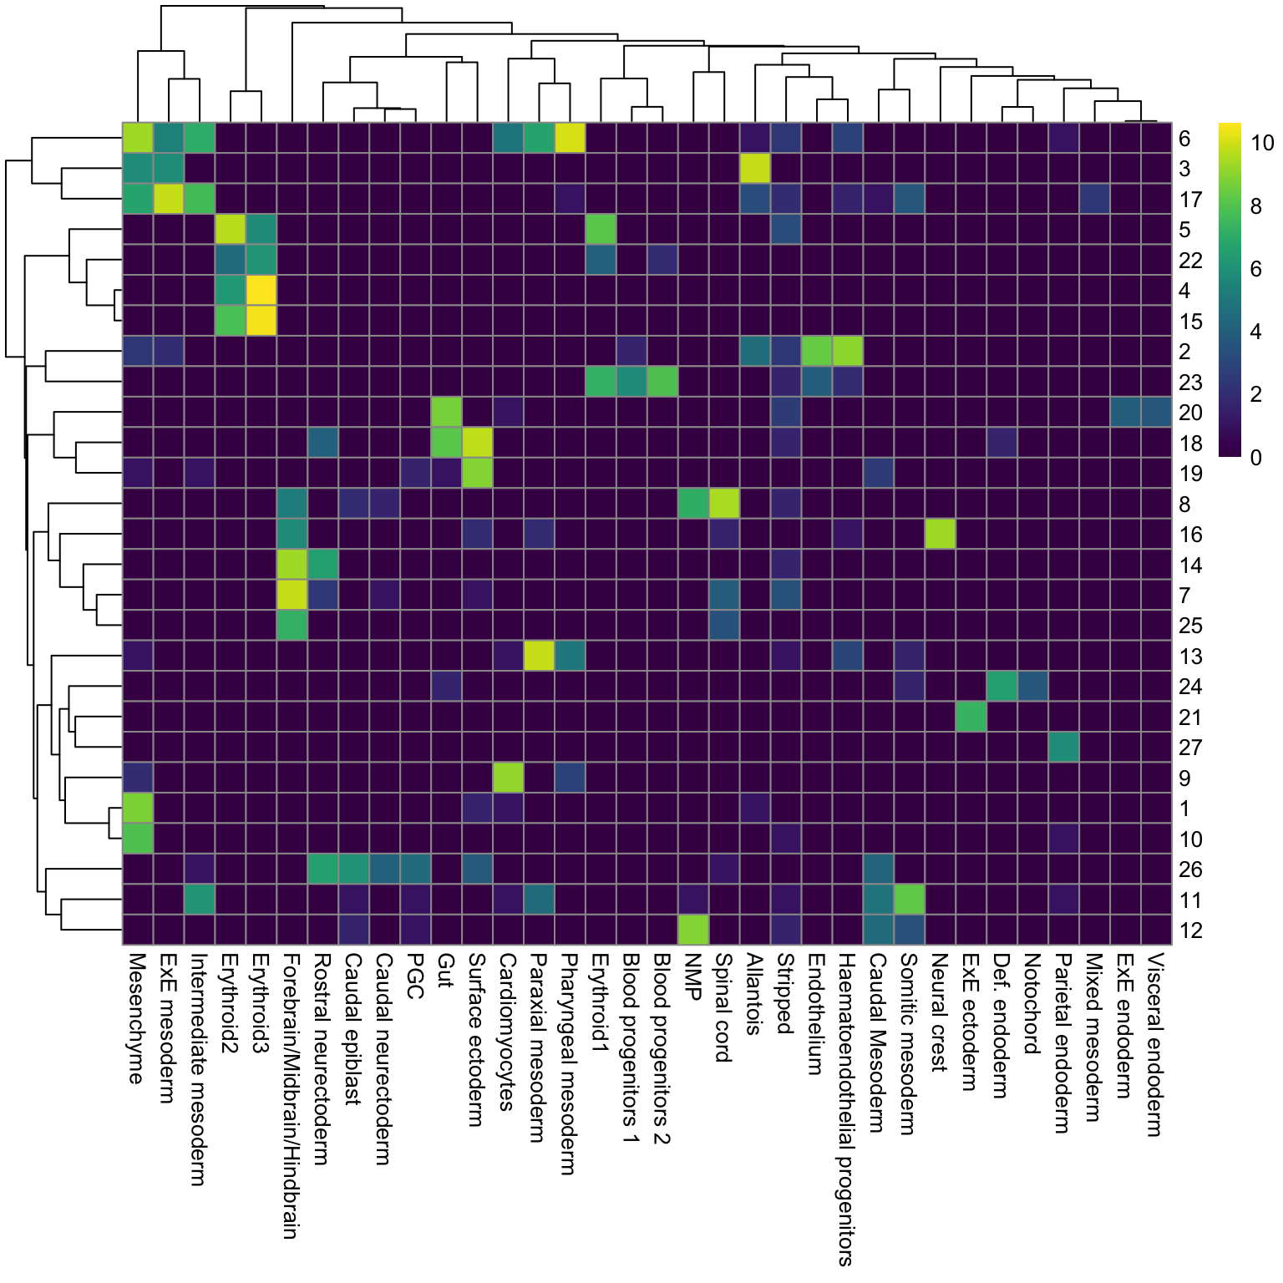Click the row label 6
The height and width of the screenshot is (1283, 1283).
pos(1184,139)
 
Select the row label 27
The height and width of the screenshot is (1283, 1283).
pos(1189,748)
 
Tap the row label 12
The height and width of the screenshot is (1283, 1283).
pos(1189,931)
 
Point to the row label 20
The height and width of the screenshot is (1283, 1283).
pos(1189,413)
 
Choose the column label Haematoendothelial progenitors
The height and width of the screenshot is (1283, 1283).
pos(846,1110)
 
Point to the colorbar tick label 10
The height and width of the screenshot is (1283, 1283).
pos(1262,143)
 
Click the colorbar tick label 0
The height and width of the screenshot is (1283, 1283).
pos(1255,457)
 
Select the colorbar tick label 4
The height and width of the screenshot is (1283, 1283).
pos(1255,332)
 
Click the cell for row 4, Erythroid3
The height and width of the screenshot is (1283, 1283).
pos(261,291)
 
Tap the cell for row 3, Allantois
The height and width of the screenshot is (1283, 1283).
pos(755,169)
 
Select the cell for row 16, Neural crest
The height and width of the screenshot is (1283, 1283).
pos(940,535)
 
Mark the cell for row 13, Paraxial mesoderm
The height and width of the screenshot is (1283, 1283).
pos(539,657)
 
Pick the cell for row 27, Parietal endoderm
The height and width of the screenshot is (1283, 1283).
pos(1063,748)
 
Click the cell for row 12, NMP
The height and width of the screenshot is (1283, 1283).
pos(692,931)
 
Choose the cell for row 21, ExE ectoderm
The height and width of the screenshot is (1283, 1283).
pos(971,718)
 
